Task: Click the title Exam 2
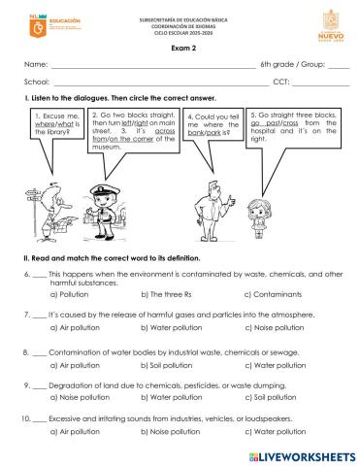pyautogui.click(x=180, y=48)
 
